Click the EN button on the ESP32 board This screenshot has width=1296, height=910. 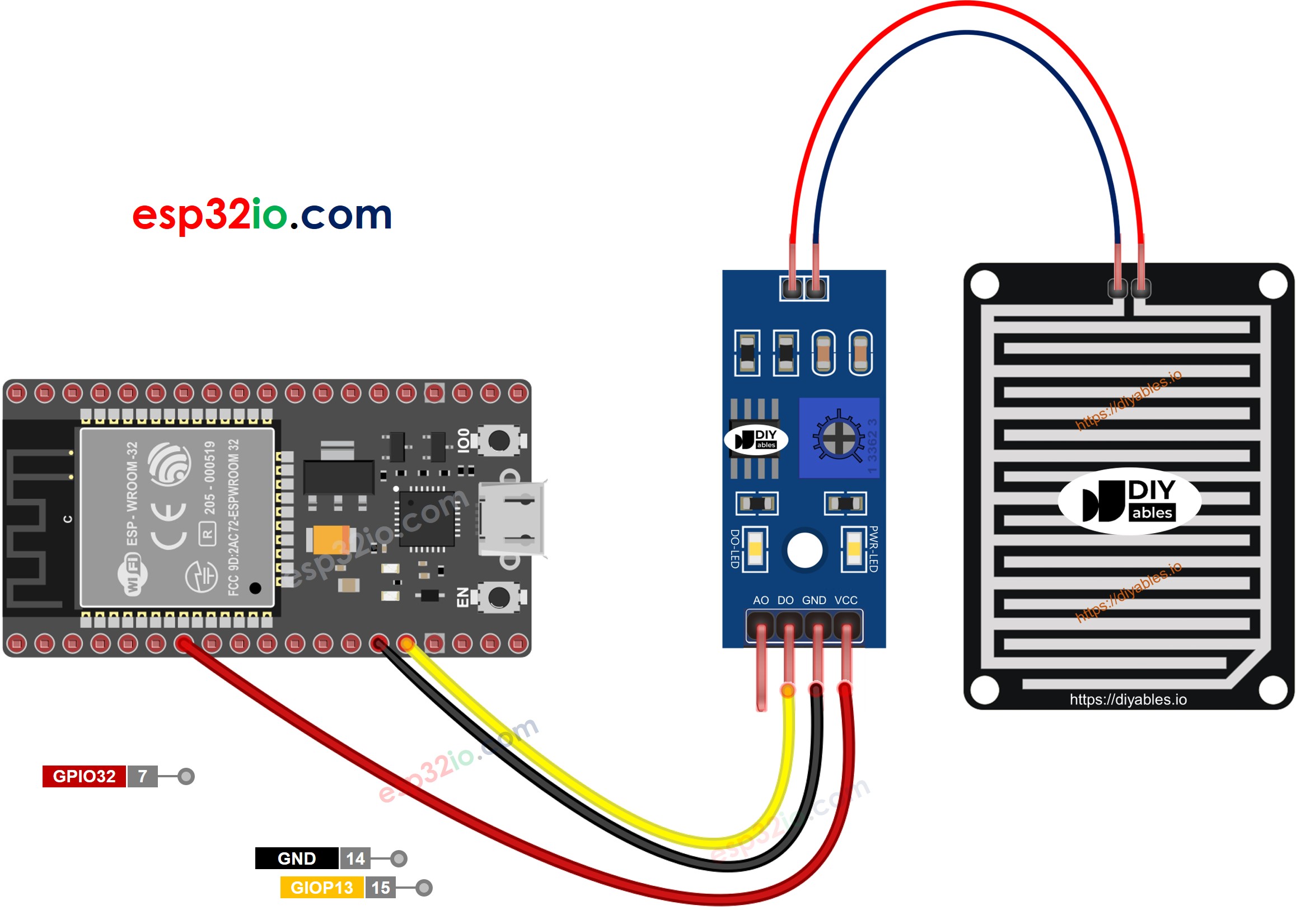click(x=498, y=598)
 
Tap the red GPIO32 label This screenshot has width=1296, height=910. click(x=84, y=776)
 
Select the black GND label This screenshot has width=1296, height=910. click(x=296, y=858)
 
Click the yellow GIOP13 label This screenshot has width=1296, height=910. click(x=322, y=888)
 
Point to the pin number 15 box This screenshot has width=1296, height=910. click(x=381, y=888)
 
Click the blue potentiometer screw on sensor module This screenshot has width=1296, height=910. click(x=838, y=437)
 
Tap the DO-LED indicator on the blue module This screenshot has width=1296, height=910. click(x=755, y=548)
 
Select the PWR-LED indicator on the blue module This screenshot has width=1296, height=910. click(x=854, y=548)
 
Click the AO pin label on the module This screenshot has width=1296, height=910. click(x=761, y=600)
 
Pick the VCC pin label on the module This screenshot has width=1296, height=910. click(x=845, y=600)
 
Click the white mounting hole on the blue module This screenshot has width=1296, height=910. click(x=804, y=550)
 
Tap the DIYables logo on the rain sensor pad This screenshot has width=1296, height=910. click(x=1129, y=501)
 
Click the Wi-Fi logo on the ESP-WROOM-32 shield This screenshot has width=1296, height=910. click(x=133, y=575)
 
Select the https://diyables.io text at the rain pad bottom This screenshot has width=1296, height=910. click(x=1128, y=699)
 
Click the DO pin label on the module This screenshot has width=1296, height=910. click(x=785, y=600)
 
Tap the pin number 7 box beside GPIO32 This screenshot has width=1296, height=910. click(x=143, y=776)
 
